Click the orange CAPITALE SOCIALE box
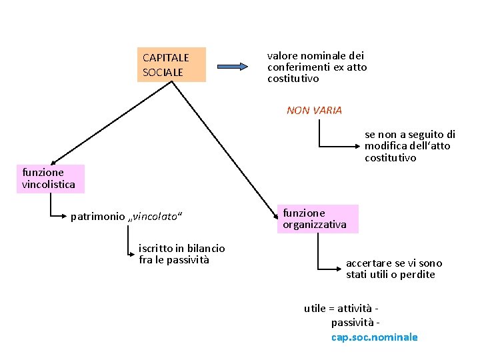(x=171, y=65)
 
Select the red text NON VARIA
(x=314, y=111)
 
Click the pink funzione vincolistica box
(x=51, y=179)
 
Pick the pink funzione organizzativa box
(x=317, y=219)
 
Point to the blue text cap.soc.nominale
(x=374, y=337)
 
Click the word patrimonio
(x=97, y=217)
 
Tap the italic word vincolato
(x=156, y=217)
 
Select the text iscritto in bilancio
(x=181, y=248)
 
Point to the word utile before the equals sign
(x=315, y=308)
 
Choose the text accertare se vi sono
(x=393, y=263)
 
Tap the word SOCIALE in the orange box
(x=162, y=71)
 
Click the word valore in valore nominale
(x=281, y=56)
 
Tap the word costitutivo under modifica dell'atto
(x=390, y=158)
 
